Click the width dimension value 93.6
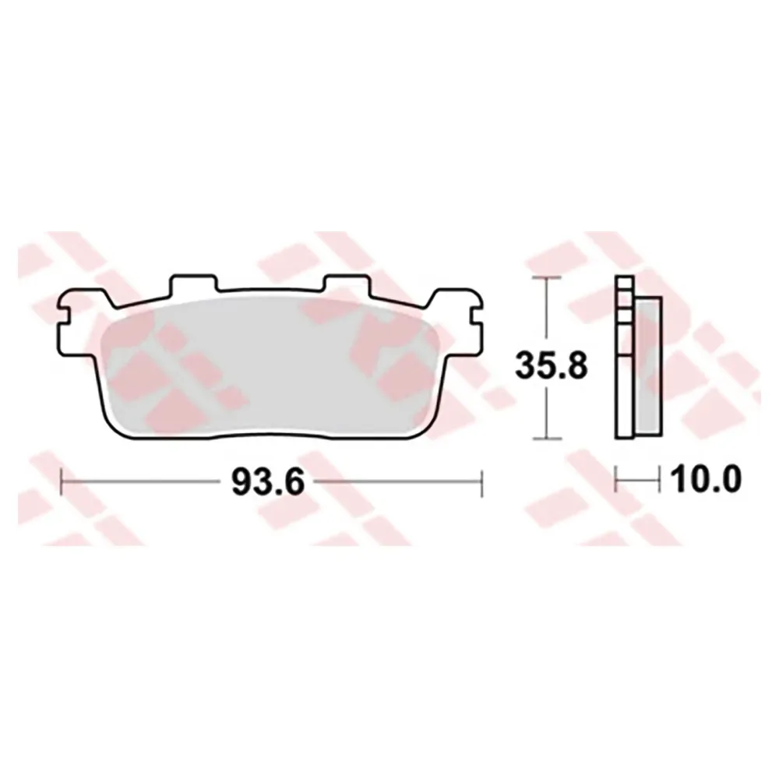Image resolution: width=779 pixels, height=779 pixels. tap(267, 482)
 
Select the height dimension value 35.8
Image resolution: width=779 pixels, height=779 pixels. tap(551, 365)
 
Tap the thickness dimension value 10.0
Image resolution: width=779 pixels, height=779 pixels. tap(706, 479)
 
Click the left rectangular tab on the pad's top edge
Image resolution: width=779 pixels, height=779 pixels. tap(194, 284)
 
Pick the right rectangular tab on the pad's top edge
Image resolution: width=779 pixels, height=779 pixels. tap(347, 284)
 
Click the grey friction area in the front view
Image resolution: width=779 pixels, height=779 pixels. tap(271, 367)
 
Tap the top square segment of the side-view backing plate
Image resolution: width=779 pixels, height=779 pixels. tap(625, 283)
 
